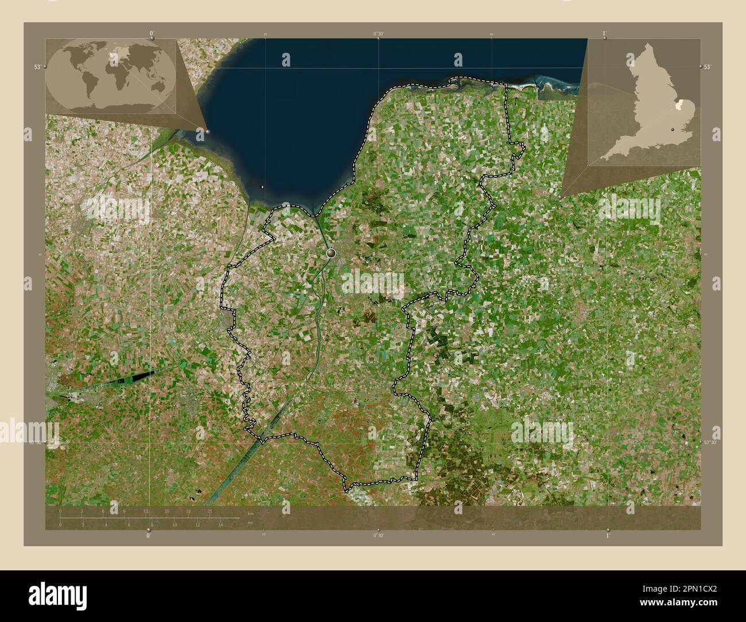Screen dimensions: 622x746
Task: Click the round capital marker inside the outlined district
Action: coord(331,252)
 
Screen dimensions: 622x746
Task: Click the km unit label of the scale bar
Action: coord(250,512)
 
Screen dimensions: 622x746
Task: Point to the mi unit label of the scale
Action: coord(250,523)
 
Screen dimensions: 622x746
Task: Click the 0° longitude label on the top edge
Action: coord(151,33)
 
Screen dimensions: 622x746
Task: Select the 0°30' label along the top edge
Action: coord(378,34)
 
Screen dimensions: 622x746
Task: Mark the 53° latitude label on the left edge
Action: coord(37,67)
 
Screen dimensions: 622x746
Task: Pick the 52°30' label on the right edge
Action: coord(710,442)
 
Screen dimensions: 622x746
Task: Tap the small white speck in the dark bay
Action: coord(262,186)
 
